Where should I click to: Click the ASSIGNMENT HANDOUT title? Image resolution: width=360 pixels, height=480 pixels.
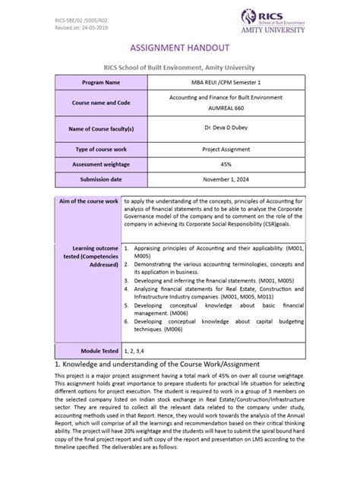coord(179,46)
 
